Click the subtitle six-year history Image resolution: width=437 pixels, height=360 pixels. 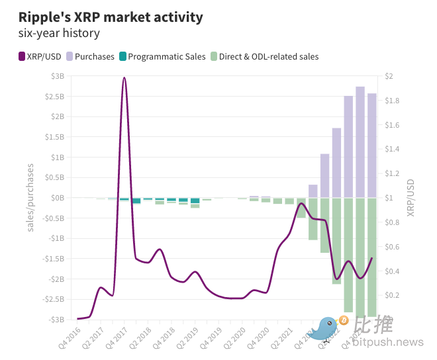[60, 32]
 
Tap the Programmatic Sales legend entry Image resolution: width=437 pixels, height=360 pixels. [166, 56]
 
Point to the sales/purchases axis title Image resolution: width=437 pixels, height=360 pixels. [30, 198]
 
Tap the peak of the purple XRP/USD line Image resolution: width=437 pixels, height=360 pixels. [124, 78]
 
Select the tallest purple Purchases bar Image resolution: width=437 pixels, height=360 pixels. [360, 142]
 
